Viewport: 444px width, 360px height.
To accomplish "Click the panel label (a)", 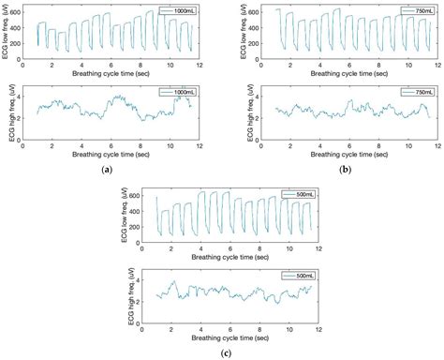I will click(x=111, y=169).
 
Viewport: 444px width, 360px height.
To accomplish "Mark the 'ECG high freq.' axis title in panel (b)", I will click(x=250, y=115).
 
